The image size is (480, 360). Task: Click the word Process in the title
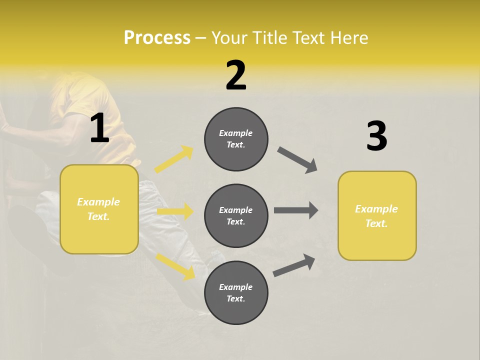point(157,38)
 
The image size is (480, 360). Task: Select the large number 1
point(99,128)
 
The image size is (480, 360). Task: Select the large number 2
point(236,75)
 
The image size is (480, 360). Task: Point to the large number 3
point(376,136)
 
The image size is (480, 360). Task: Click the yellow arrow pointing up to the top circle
point(174,159)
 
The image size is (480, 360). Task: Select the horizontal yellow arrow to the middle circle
point(175,211)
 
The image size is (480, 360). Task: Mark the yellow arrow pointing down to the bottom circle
point(175,266)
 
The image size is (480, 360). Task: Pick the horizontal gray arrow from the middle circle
point(296,210)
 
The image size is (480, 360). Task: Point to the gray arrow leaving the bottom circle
point(294,265)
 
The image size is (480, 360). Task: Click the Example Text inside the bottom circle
point(236,292)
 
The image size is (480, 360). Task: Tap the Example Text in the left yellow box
point(99,209)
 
